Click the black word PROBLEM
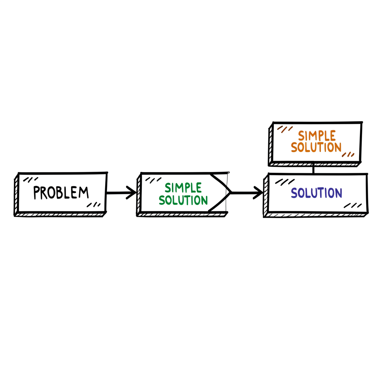(61, 192)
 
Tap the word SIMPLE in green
(183, 187)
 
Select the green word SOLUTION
(183, 200)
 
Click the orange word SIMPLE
(317, 135)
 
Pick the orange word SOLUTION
(316, 147)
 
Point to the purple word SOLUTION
(316, 193)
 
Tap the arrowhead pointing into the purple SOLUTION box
(259, 193)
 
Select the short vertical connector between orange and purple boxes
(313, 169)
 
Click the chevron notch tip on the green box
(230, 192)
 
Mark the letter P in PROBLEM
(37, 193)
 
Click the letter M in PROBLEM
(84, 192)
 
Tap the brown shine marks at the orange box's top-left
(285, 129)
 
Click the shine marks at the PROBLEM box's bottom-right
(94, 205)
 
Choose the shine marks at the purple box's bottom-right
(353, 205)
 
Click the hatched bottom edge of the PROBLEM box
(60, 215)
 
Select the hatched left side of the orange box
(270, 146)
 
